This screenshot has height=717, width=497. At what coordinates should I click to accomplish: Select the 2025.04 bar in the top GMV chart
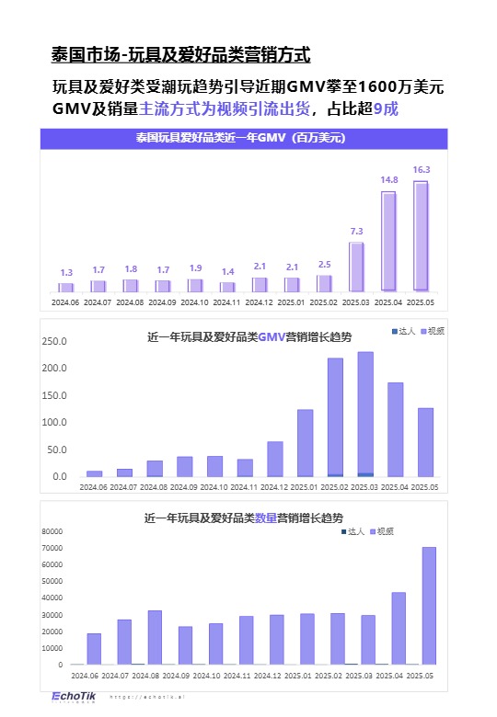tap(388, 241)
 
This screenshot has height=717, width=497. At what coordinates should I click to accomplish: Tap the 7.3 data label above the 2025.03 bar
tap(356, 231)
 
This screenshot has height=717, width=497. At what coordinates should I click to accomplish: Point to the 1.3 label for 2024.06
tap(66, 273)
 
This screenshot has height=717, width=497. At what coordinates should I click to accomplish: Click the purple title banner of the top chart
tap(243, 139)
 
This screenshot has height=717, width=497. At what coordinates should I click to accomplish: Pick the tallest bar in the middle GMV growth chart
tap(365, 414)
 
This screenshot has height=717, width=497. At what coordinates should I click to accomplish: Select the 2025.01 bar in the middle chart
tap(306, 442)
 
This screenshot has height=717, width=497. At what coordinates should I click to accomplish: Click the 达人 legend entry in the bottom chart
tap(353, 531)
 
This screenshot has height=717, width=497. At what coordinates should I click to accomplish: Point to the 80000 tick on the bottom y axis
tap(50, 531)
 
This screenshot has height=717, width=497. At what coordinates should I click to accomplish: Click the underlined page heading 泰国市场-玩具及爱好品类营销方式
tap(181, 56)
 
